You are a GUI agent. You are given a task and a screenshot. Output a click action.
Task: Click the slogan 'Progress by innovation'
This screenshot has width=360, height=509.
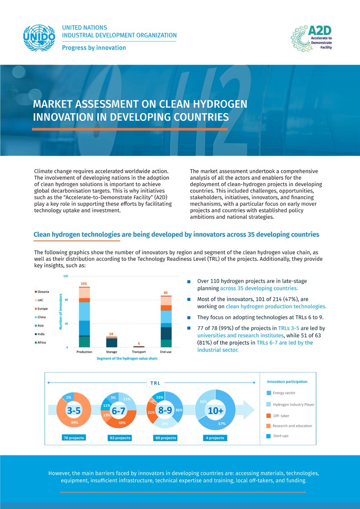pyautogui.click(x=94, y=48)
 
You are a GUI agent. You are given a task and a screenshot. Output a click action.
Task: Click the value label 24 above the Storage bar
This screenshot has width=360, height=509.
pyautogui.click(x=111, y=333)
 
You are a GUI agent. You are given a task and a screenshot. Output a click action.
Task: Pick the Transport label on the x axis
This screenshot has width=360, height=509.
pyautogui.click(x=138, y=352)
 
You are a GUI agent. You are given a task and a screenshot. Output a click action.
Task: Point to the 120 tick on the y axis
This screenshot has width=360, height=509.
pyautogui.click(x=66, y=276)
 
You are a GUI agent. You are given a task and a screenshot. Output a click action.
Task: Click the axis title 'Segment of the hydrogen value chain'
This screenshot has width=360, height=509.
pyautogui.click(x=121, y=359)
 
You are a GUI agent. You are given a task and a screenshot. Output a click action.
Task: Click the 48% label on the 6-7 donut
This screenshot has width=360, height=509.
pyautogui.click(x=121, y=422)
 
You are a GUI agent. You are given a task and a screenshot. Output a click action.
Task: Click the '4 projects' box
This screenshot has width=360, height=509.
pyautogui.click(x=215, y=438)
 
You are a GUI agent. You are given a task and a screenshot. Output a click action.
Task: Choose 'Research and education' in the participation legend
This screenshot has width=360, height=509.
pyautogui.click(x=292, y=426)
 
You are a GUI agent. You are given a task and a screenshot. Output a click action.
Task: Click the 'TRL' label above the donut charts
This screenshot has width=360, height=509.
pyautogui.click(x=155, y=383)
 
